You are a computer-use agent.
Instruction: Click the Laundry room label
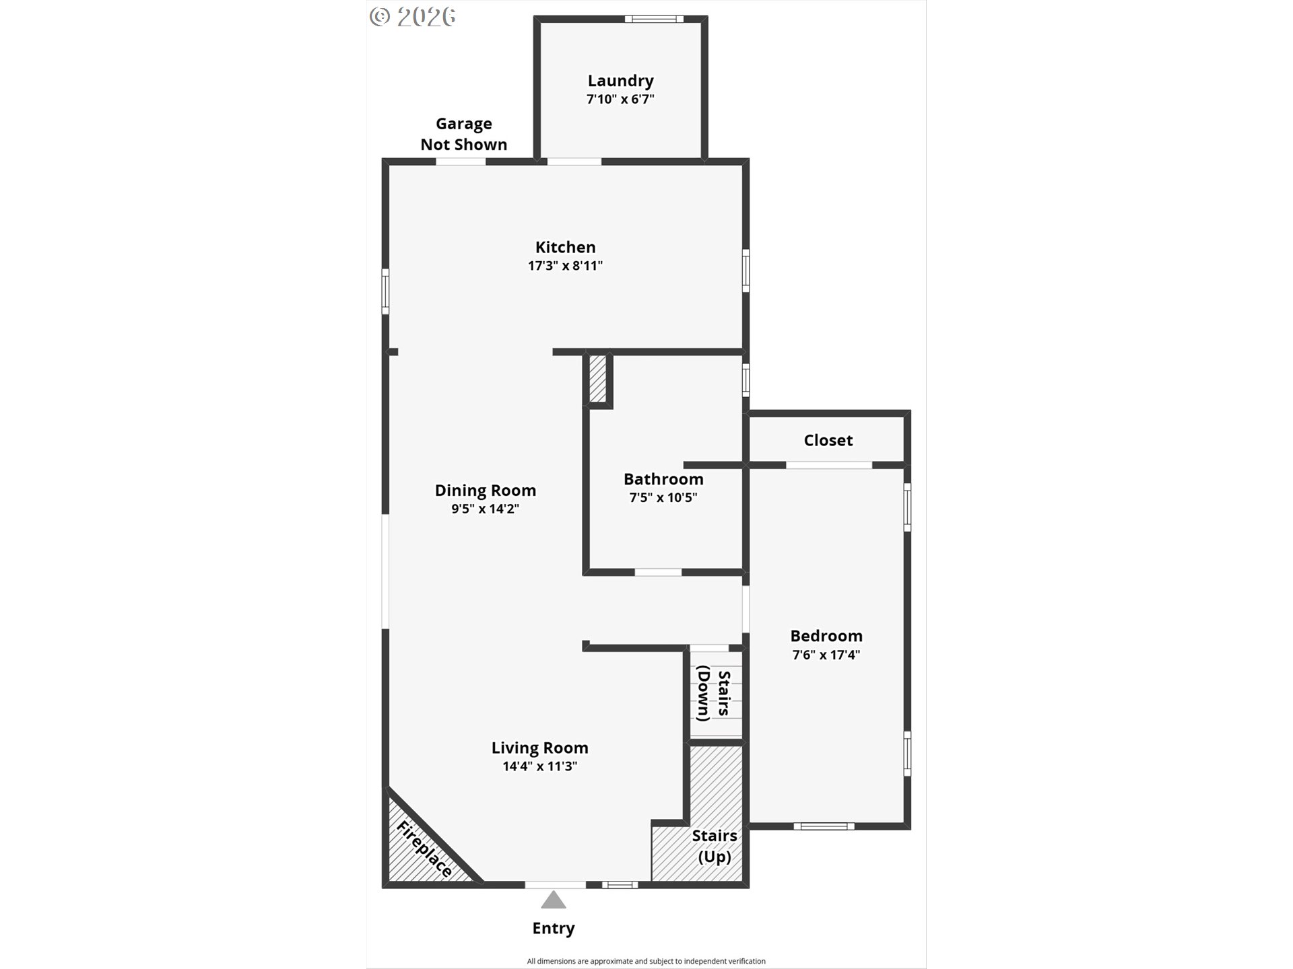point(620,81)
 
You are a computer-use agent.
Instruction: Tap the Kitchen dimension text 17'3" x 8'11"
point(565,265)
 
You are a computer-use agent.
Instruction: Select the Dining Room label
point(485,491)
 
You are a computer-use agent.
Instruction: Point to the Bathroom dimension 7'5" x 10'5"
point(663,497)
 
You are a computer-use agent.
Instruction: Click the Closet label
point(828,440)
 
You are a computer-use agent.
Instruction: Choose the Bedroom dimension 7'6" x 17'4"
point(826,655)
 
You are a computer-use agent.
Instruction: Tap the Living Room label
point(539,748)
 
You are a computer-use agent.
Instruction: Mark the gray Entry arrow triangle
point(554,900)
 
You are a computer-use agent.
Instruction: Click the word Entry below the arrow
point(554,928)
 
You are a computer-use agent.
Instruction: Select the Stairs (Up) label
point(715,846)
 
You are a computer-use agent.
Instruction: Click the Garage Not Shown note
point(463,133)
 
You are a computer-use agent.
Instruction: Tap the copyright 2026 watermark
point(413,17)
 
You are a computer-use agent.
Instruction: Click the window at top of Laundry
point(654,19)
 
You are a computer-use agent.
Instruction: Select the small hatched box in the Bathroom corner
point(597,379)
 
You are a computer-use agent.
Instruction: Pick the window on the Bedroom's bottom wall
point(824,826)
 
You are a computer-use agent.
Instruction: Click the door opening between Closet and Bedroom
point(829,465)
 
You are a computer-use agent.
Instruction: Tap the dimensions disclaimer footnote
point(646,961)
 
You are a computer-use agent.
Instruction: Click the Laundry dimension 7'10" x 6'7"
point(620,99)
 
